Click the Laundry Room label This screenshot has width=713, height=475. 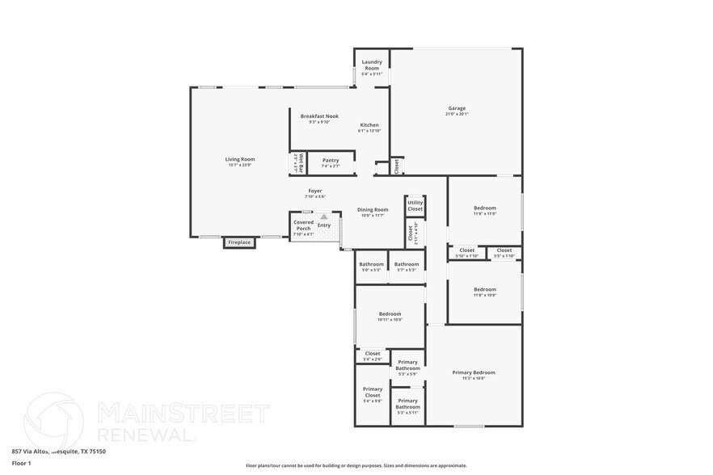371,65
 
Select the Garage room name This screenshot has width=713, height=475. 457,108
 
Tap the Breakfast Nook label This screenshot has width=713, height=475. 319,116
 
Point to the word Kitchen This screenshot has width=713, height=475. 369,125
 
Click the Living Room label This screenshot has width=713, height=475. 240,159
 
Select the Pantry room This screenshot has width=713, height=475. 331,160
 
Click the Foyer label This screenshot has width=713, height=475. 314,191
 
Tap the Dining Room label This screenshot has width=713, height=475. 373,210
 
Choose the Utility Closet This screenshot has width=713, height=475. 415,206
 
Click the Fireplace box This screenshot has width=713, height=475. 239,242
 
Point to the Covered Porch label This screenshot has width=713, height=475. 303,225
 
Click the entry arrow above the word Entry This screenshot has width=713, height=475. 324,216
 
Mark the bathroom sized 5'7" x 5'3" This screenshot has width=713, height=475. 406,264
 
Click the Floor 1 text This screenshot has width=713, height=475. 21,463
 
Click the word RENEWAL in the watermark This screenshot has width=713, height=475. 146,435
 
